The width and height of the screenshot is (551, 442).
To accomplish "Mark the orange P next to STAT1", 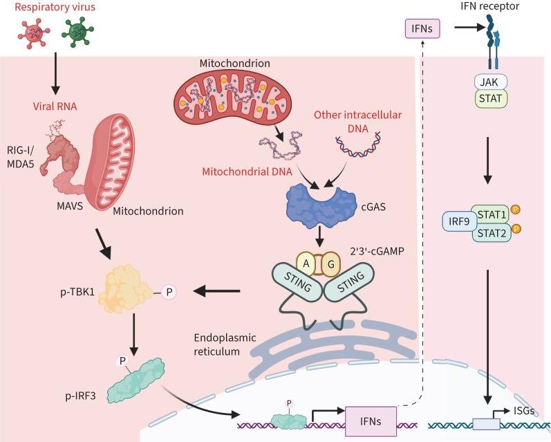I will (x=518, y=209).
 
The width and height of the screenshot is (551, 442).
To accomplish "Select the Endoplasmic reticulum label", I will (x=225, y=344).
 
